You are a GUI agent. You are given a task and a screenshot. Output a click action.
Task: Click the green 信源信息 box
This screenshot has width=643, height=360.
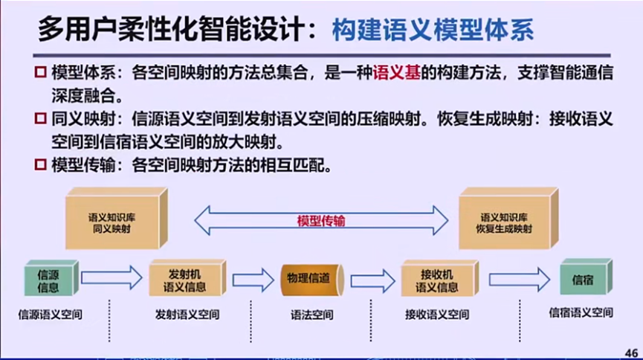[48, 280]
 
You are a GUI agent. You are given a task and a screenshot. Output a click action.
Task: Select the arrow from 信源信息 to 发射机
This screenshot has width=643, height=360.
[111, 279]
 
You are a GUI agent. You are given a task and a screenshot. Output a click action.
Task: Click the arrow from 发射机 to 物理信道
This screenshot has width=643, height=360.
[253, 280]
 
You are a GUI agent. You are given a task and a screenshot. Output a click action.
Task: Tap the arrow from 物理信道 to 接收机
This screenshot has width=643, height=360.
[372, 280]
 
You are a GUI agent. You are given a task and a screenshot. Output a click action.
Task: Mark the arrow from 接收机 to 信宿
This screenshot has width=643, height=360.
[519, 280]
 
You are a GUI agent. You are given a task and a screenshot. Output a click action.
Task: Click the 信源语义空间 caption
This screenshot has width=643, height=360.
[51, 315]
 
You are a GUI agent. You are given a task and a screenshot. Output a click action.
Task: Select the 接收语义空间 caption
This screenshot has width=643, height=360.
[437, 315]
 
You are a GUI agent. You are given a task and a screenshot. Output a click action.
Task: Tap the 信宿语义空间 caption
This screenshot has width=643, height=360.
[581, 314]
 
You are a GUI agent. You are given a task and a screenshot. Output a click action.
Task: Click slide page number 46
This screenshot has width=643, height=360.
[632, 352]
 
